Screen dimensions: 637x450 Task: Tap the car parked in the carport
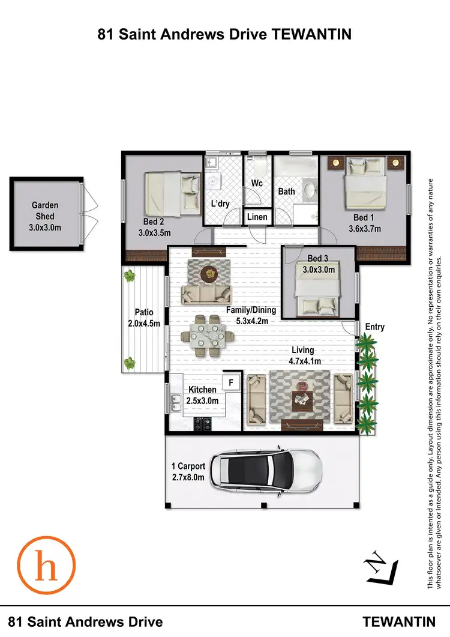point(268,472)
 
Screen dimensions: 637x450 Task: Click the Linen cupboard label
point(258,217)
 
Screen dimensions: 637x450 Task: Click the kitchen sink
point(176,403)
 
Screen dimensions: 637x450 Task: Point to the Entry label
point(374,327)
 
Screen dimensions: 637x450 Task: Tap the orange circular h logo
point(46,567)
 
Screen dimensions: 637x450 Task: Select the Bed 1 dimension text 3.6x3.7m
point(365,228)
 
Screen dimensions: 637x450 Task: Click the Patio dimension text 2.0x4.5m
point(143,322)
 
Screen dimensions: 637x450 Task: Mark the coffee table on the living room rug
point(302,399)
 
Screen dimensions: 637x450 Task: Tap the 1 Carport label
point(188,466)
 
